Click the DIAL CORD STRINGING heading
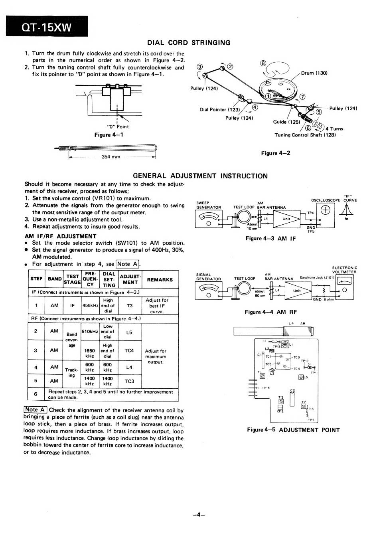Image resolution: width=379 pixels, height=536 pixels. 189,43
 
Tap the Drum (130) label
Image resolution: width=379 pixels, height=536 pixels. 314,73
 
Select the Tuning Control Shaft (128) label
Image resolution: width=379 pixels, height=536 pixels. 305,135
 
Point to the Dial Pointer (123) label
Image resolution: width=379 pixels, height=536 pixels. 220,109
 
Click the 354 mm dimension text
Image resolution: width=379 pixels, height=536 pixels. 111,156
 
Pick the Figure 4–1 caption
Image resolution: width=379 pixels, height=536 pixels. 109,135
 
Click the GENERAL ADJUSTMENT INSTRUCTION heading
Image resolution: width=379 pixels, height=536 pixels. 200,176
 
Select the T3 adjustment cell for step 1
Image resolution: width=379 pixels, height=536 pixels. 129,306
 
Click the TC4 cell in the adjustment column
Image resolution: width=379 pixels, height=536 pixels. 129,350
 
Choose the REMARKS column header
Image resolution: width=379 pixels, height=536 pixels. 160,280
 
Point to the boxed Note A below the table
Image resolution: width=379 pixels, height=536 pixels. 36,409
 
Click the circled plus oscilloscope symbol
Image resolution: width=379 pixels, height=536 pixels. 326,211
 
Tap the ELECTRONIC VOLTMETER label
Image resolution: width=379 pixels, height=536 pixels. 344,270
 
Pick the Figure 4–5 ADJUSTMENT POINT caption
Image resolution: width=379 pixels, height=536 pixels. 293,430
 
